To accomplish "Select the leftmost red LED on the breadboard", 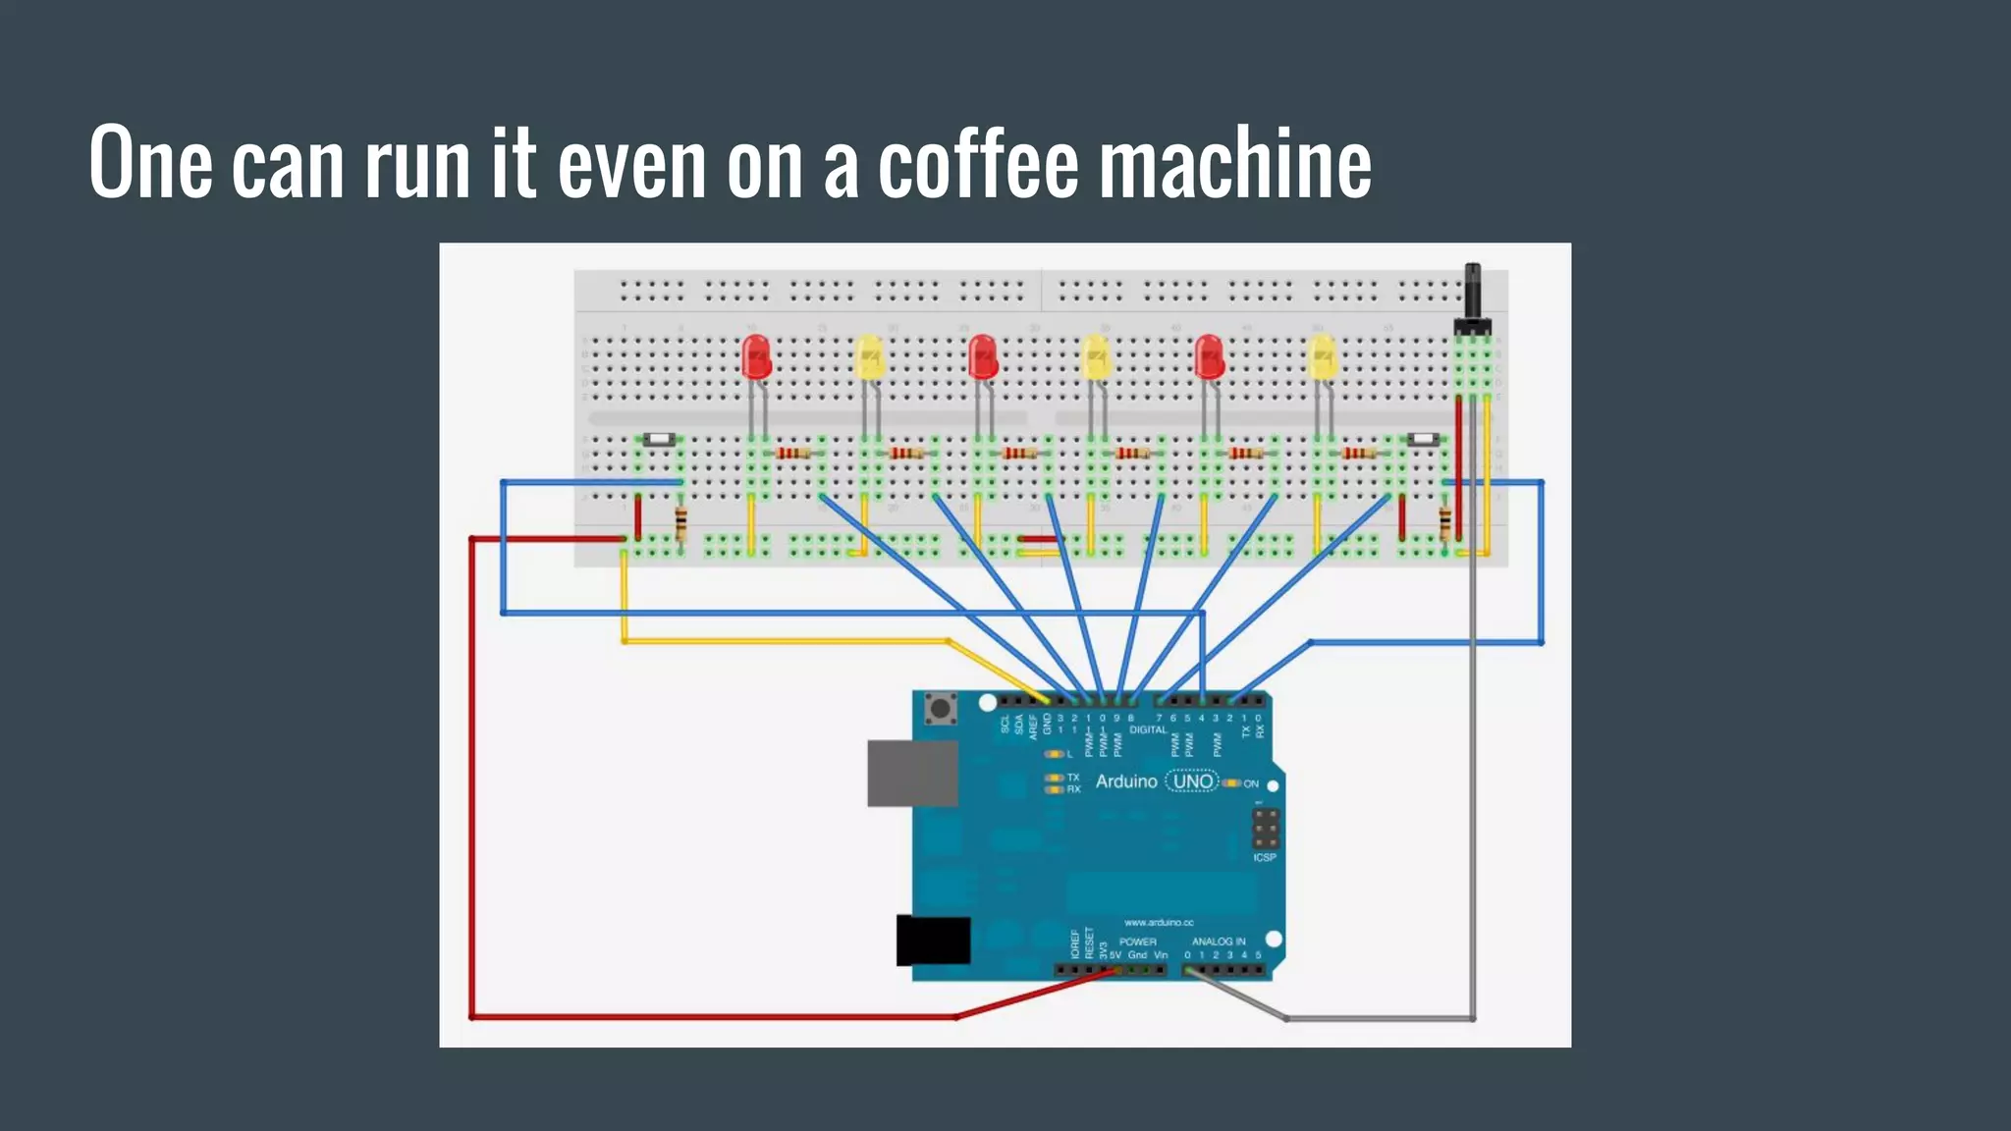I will (756, 357).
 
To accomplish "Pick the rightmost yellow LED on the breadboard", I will (1323, 357).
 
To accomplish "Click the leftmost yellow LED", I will (869, 357).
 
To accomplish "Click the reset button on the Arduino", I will (942, 708).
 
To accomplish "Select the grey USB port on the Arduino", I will (911, 774).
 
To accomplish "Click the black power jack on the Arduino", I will (933, 941).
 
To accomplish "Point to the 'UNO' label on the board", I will (1192, 781).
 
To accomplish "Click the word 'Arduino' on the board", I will (1126, 781).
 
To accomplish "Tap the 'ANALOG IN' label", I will (1218, 941).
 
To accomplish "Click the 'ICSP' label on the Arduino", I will (1264, 857).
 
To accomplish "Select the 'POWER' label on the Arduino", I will (1137, 941).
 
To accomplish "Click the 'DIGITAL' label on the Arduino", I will (1148, 729).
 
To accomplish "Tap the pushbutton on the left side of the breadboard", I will (658, 440).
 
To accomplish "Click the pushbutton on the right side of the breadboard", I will (1422, 440).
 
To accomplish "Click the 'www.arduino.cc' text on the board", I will (1159, 922).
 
